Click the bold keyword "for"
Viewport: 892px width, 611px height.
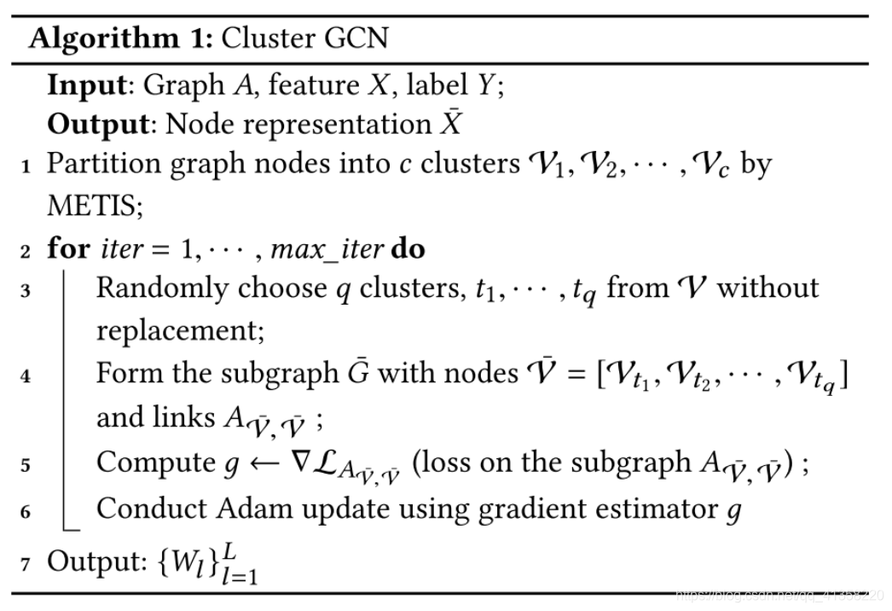(x=67, y=249)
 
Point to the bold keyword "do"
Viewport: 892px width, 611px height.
(x=408, y=249)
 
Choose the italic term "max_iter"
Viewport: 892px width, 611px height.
(x=325, y=250)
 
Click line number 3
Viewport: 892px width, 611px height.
(x=26, y=291)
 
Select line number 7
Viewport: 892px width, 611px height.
(x=26, y=564)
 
